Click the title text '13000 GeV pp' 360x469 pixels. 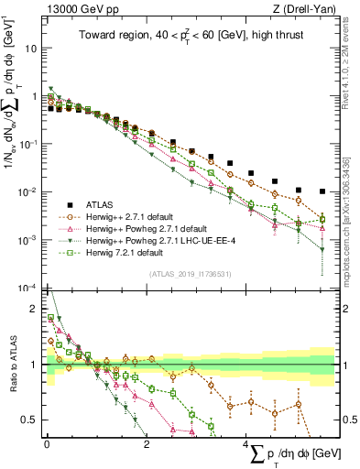pyautogui.click(x=77, y=8)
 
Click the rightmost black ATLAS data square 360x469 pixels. pyautogui.click(x=322, y=191)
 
